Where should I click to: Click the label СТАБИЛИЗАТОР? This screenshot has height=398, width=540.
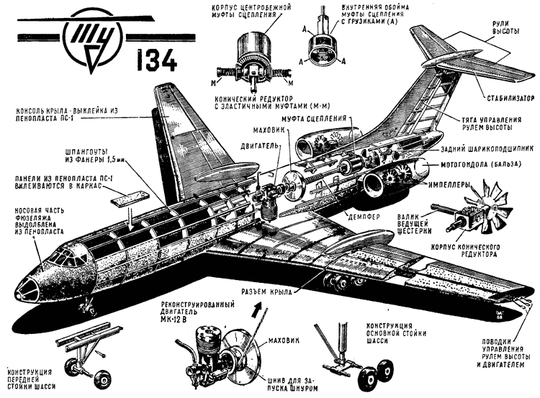point(505,97)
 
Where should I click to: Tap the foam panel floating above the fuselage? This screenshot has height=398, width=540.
point(127,193)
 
